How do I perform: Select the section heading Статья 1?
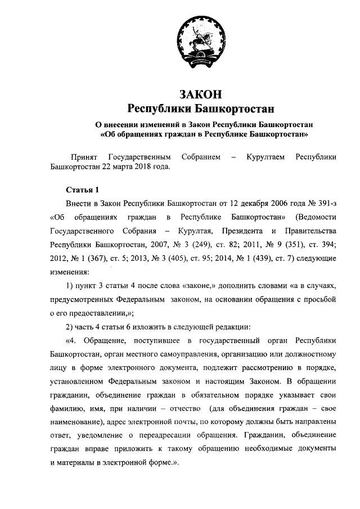pos(82,190)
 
